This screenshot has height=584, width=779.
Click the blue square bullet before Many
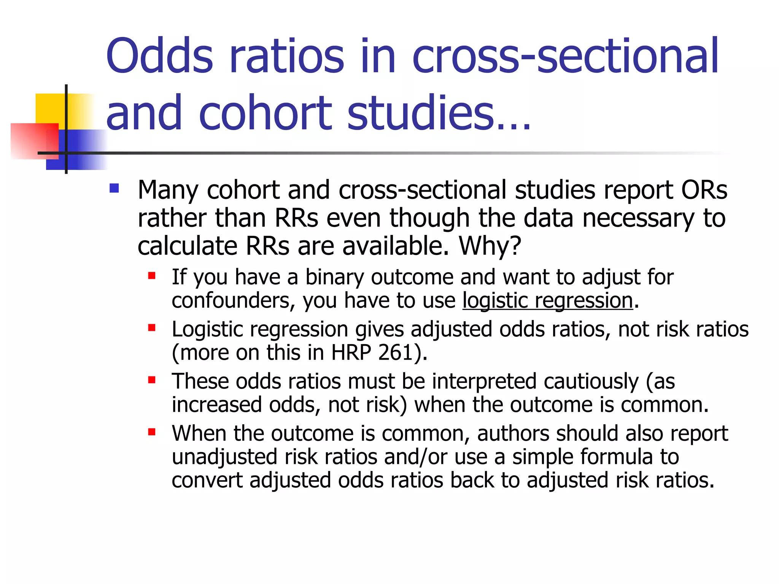pyautogui.click(x=114, y=189)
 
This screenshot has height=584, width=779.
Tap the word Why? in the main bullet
pyautogui.click(x=490, y=246)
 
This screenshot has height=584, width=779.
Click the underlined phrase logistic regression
pyautogui.click(x=548, y=301)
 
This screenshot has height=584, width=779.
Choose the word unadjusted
pyautogui.click(x=224, y=457)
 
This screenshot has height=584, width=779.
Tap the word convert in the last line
pyautogui.click(x=207, y=480)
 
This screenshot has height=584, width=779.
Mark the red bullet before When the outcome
pyautogui.click(x=152, y=432)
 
